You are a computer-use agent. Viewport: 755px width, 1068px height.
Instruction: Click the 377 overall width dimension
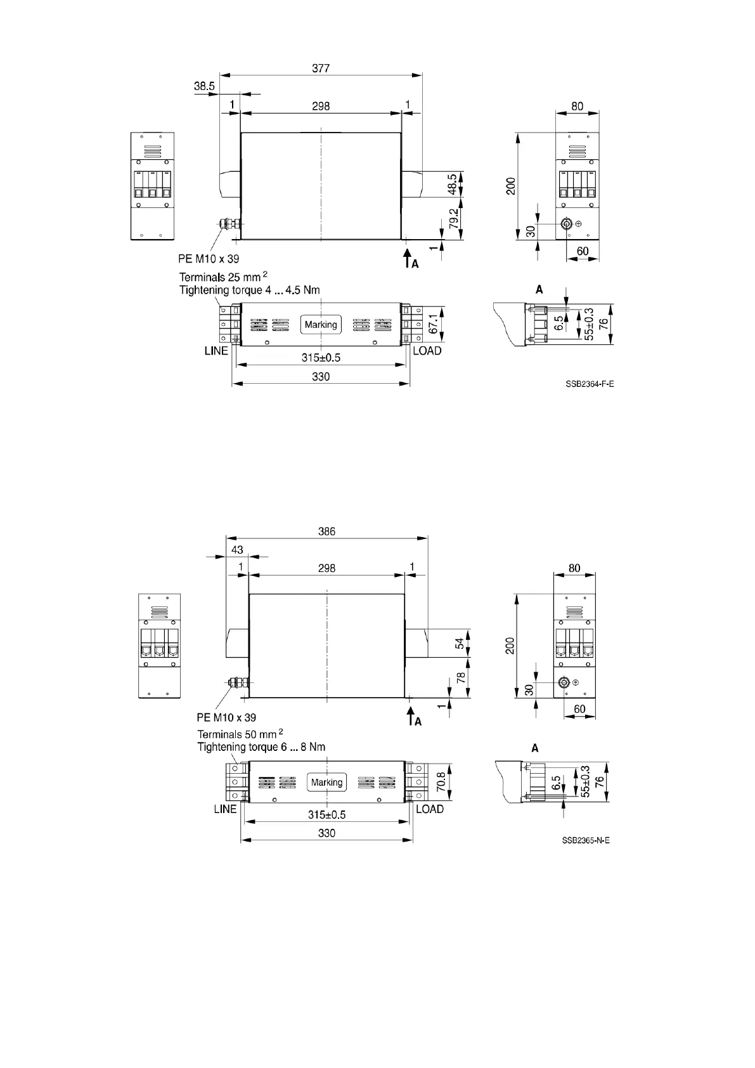point(321,68)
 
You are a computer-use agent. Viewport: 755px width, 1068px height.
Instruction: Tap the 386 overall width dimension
point(326,531)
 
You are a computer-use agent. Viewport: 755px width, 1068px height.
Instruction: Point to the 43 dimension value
point(237,549)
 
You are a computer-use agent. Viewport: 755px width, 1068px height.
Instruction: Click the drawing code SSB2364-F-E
point(590,384)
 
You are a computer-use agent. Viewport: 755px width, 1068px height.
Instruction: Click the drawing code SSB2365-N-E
point(586,840)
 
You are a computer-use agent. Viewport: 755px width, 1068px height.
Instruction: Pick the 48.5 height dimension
point(451,185)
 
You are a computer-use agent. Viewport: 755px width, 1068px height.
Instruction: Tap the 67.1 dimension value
point(434,323)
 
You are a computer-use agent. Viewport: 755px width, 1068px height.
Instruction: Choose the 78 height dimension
point(461,676)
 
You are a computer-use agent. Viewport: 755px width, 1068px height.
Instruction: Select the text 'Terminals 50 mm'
point(237,734)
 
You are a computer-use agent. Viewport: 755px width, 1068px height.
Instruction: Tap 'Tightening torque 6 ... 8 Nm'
point(261,747)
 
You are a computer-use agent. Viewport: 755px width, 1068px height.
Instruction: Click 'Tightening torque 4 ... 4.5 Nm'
point(249,290)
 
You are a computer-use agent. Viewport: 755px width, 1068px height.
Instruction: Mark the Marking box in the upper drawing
point(321,325)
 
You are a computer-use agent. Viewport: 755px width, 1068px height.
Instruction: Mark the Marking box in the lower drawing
point(326,783)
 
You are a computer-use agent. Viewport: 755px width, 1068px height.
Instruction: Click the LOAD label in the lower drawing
point(430,809)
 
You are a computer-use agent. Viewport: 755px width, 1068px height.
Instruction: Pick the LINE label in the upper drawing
point(216,351)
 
